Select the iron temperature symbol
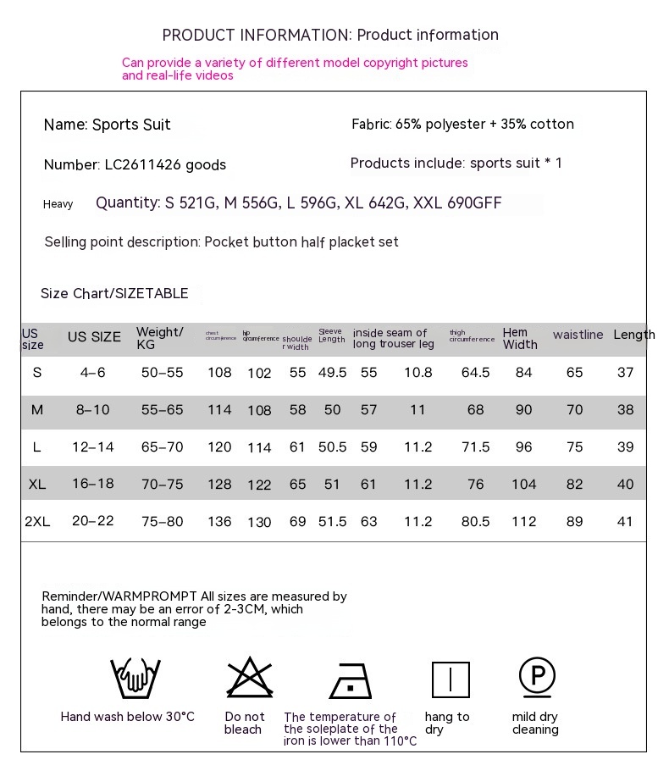pyautogui.click(x=351, y=679)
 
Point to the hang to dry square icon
pyautogui.click(x=451, y=679)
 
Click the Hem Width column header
pyautogui.click(x=519, y=338)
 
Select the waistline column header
pyautogui.click(x=578, y=335)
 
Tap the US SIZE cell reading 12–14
pyautogui.click(x=93, y=446)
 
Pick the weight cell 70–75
pyautogui.click(x=163, y=484)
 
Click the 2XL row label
pyautogui.click(x=37, y=522)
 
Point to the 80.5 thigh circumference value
pyautogui.click(x=475, y=522)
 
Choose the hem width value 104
pyautogui.click(x=523, y=484)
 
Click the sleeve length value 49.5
pyautogui.click(x=332, y=373)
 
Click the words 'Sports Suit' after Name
pyautogui.click(x=131, y=125)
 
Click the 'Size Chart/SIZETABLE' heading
pyautogui.click(x=114, y=293)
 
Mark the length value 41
pyautogui.click(x=625, y=522)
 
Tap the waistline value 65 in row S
pyautogui.click(x=574, y=373)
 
